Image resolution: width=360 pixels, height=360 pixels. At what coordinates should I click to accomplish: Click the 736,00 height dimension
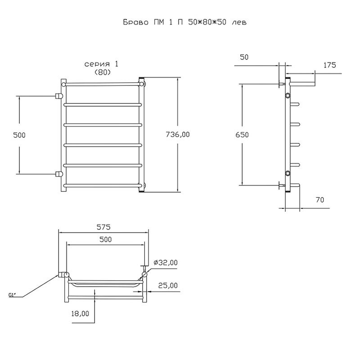(178, 134)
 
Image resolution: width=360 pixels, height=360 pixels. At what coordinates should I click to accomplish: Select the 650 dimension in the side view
(242, 135)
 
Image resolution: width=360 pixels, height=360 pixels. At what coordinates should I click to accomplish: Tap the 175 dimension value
(329, 65)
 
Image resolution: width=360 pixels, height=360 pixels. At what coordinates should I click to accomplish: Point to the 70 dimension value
(320, 199)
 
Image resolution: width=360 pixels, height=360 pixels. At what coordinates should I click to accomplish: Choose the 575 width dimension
(103, 227)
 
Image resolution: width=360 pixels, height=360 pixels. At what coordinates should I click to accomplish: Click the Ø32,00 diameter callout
(166, 263)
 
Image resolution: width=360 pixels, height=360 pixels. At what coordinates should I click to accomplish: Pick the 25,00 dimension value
(168, 285)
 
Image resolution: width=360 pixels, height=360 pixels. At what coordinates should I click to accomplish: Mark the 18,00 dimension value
(81, 314)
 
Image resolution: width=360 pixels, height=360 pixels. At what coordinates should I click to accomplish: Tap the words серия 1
(103, 64)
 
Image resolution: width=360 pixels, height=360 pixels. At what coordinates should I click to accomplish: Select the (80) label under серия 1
(103, 72)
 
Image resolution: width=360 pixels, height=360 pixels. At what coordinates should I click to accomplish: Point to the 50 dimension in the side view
(244, 57)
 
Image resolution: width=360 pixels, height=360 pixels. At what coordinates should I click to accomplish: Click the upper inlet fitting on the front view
(58, 96)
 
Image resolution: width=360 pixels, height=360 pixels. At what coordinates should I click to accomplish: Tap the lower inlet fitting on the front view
(58, 173)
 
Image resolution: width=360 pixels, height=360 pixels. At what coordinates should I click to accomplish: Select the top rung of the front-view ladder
(103, 84)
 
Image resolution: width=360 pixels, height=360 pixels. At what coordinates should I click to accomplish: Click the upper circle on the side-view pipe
(288, 95)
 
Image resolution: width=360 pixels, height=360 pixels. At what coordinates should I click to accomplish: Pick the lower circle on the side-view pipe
(288, 174)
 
